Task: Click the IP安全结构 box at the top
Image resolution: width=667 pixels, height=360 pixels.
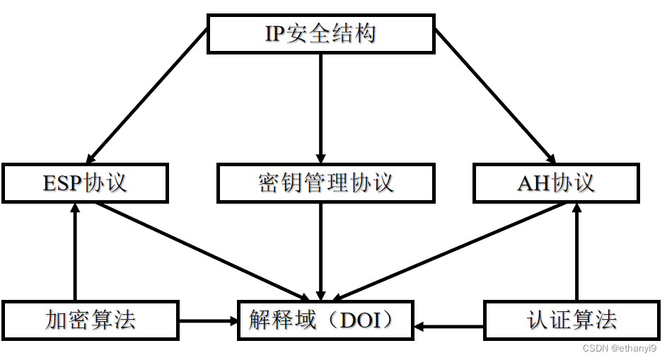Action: [320, 34]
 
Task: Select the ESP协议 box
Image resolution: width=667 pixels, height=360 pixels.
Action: [85, 183]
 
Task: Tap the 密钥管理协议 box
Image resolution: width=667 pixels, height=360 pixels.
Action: [325, 183]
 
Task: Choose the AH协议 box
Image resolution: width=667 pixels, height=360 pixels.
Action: [555, 183]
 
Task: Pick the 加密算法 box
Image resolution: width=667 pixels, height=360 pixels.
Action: [90, 320]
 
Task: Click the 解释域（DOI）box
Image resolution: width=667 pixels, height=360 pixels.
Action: [325, 320]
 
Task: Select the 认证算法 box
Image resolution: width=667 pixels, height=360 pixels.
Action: [572, 320]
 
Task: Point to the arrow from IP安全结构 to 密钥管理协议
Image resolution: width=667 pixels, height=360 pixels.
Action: [321, 106]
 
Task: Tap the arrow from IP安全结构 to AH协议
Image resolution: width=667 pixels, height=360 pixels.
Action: [494, 95]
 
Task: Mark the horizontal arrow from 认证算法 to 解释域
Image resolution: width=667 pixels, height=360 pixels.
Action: [450, 327]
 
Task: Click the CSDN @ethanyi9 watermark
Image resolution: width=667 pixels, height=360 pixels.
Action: [620, 349]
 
